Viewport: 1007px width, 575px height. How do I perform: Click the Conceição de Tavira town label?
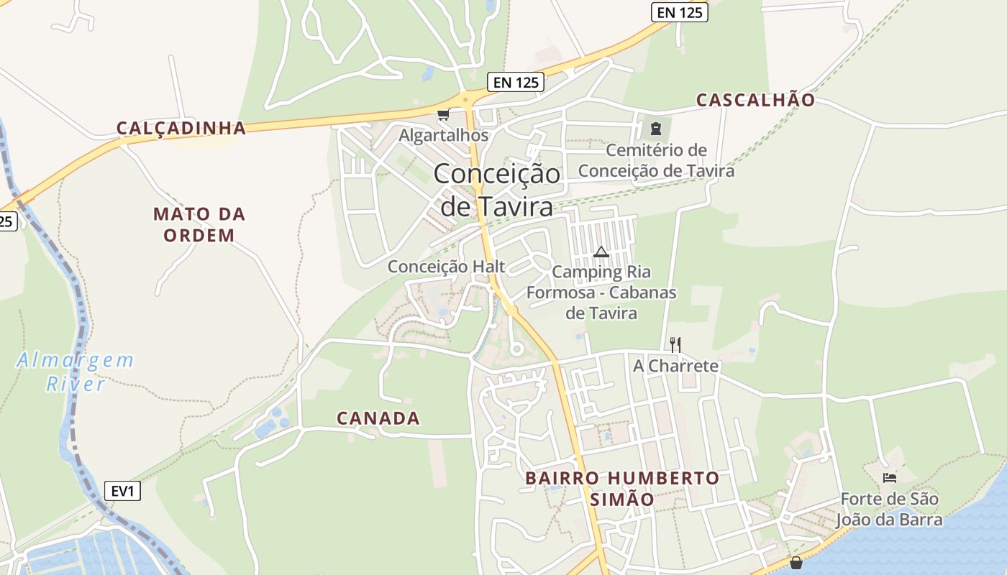497,190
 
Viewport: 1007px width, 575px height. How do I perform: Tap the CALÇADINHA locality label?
181,128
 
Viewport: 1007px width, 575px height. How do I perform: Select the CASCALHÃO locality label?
755,100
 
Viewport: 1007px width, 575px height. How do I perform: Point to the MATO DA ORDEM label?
199,224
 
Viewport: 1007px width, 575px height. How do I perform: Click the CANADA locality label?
378,418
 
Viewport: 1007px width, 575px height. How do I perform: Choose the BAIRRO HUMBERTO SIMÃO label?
622,489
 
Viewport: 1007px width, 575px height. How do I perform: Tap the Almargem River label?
76,372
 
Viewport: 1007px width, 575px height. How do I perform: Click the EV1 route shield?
122,491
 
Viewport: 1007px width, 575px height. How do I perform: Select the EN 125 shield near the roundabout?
516,82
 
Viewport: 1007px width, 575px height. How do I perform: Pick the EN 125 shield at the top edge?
680,12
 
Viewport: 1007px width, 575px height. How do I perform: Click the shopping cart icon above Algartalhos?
444,115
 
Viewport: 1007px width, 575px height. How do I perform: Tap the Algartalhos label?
443,135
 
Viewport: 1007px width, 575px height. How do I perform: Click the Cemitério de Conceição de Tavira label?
656,160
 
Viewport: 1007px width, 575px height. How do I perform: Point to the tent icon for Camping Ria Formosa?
601,252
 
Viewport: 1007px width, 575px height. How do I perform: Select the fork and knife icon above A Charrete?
675,345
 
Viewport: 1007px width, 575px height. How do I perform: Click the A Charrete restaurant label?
675,366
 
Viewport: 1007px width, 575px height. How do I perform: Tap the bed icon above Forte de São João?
890,477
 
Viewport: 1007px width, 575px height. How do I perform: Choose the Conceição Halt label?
446,267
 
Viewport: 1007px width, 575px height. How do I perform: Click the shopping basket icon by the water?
796,562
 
